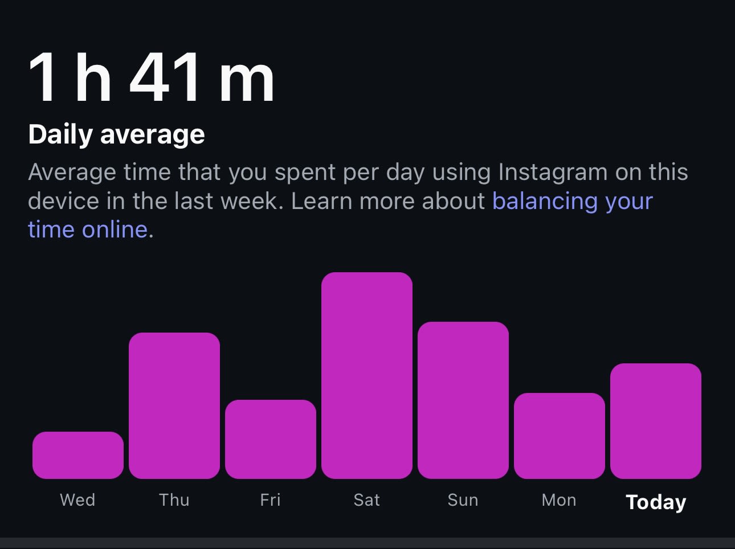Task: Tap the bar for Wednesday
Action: [78, 455]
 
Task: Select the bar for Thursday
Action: [174, 405]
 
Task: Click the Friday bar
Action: [271, 439]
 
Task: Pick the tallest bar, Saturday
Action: [367, 375]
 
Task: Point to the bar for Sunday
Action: [463, 400]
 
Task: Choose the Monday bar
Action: [560, 436]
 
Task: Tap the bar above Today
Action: [656, 421]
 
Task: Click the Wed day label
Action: [78, 500]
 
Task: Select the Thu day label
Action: [174, 500]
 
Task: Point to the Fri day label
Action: [271, 500]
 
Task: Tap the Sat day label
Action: [367, 500]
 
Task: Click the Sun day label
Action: [463, 500]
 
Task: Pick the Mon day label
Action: [560, 500]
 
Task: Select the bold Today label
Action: [656, 502]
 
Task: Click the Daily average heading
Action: [116, 135]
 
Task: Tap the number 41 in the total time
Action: [165, 77]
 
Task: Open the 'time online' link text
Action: [88, 230]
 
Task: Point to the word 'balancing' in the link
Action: [544, 201]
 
